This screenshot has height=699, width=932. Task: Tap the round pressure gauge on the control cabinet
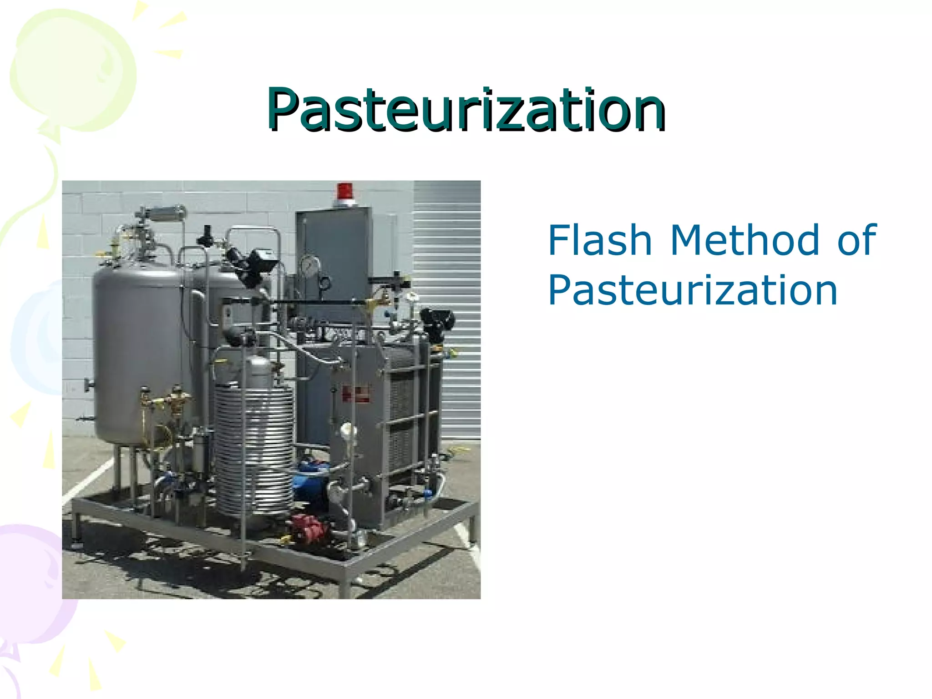pyautogui.click(x=310, y=266)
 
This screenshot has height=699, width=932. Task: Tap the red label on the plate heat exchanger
pyautogui.click(x=355, y=394)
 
